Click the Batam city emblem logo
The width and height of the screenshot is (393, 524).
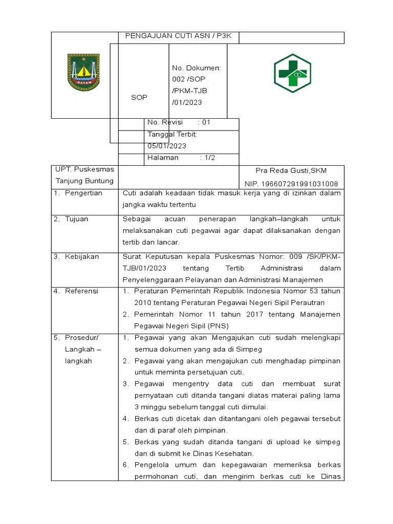pyautogui.click(x=84, y=73)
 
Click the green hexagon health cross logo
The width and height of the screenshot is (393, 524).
pyautogui.click(x=291, y=73)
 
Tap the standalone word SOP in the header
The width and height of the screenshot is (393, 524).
pyautogui.click(x=139, y=97)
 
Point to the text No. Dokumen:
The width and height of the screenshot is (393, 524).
pyautogui.click(x=196, y=68)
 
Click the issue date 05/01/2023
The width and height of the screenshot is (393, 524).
pyautogui.click(x=167, y=146)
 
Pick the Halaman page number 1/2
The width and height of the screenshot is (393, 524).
pyautogui.click(x=209, y=158)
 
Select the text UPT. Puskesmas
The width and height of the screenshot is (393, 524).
pyautogui.click(x=84, y=169)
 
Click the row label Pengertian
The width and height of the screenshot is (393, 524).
pyautogui.click(x=83, y=193)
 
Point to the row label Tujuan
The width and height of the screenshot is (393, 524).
pyautogui.click(x=76, y=219)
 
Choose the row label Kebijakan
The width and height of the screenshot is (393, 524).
pyautogui.click(x=81, y=256)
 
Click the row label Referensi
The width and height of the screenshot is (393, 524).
pyautogui.click(x=81, y=291)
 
